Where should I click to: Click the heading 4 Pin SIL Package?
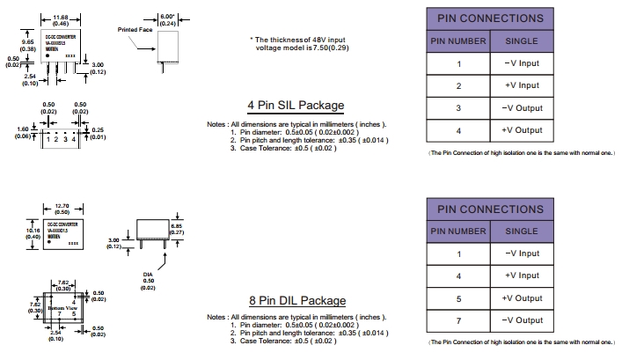[x=296, y=107]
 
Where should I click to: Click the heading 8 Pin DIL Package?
[x=296, y=300]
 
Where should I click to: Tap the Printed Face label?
[x=135, y=30]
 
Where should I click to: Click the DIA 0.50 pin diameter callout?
[x=149, y=281]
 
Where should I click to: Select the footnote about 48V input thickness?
[x=305, y=44]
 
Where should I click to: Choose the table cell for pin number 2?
[x=457, y=85]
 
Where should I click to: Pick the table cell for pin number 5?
[x=457, y=298]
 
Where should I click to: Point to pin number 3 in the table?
[x=457, y=108]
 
